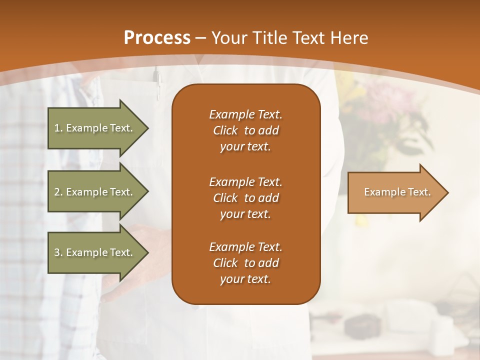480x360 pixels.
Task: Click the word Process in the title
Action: click(157, 38)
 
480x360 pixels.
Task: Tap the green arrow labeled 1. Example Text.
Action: click(95, 128)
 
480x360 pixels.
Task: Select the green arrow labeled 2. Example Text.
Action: click(95, 192)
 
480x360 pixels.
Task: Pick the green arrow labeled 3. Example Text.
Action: click(95, 252)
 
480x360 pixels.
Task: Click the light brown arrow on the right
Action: click(395, 192)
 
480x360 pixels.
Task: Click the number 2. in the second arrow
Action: click(58, 192)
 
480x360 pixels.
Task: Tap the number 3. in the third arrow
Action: click(58, 252)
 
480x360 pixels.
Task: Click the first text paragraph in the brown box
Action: click(245, 130)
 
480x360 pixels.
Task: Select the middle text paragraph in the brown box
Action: click(245, 198)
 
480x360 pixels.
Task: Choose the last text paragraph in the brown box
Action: click(245, 263)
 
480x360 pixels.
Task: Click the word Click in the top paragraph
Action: click(225, 130)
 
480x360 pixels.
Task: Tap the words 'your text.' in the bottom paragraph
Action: click(245, 279)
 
